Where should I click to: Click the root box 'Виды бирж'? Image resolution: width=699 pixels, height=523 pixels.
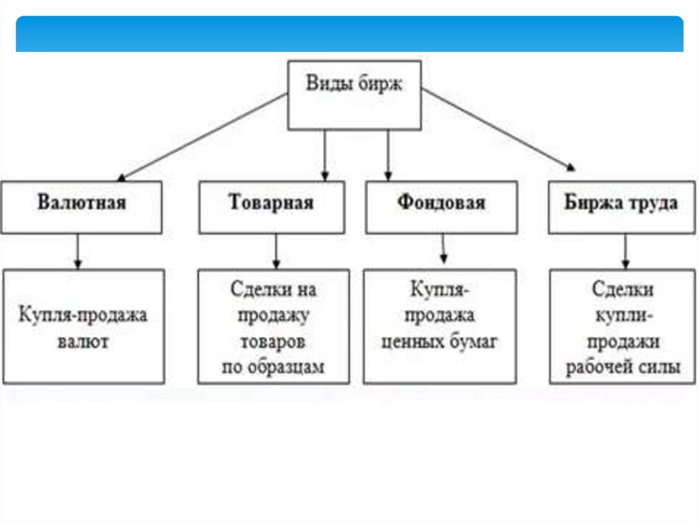click(354, 95)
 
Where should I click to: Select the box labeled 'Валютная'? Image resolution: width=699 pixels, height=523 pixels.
click(82, 207)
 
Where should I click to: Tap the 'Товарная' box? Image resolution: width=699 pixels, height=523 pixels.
click(271, 207)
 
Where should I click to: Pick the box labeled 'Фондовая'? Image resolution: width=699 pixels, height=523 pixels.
click(441, 207)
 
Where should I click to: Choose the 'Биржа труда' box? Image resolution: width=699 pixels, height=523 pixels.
click(620, 207)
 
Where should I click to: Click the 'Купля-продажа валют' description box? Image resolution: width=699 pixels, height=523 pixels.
click(83, 326)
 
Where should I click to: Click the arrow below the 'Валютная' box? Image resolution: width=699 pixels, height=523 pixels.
click(78, 251)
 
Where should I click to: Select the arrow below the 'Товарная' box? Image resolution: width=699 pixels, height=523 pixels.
click(276, 251)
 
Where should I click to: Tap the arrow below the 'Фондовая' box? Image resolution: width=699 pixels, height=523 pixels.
click(444, 249)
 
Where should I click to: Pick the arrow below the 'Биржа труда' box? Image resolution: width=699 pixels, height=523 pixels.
click(625, 251)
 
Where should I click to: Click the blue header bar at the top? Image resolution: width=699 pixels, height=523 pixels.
click(349, 34)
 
